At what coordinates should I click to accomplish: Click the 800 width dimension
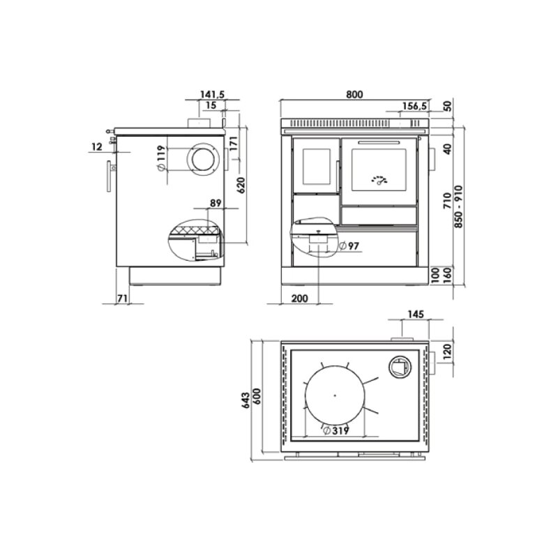(x=354, y=94)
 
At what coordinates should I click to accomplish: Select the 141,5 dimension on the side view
(x=212, y=94)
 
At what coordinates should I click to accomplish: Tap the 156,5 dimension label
(x=414, y=106)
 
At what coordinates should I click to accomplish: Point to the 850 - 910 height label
(x=459, y=206)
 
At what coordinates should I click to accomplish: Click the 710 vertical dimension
(x=448, y=200)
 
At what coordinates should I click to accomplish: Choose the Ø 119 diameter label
(x=161, y=158)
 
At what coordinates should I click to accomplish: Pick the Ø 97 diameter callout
(x=349, y=246)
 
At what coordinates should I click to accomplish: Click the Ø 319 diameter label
(x=336, y=430)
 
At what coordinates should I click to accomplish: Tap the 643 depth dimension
(x=246, y=400)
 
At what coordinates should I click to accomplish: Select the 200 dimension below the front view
(x=300, y=299)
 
